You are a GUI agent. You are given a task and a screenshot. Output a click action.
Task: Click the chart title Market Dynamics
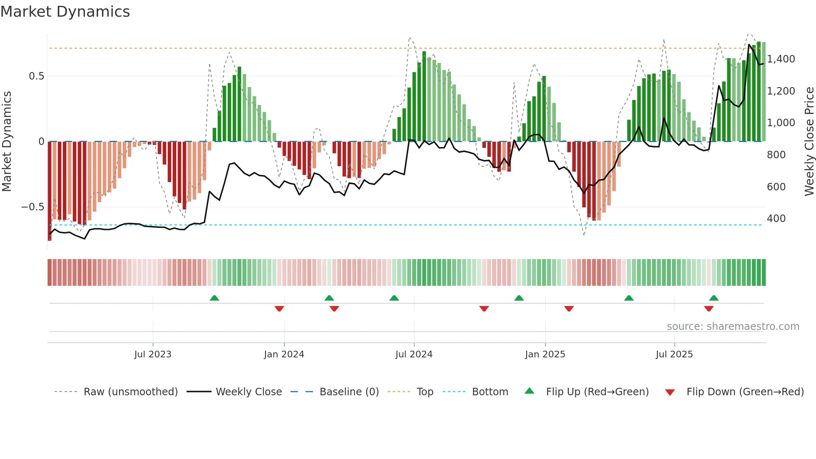pos(65,12)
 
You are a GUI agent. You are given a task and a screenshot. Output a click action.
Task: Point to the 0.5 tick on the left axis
pos(36,76)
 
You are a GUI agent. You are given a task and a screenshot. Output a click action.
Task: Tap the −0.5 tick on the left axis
pos(33,207)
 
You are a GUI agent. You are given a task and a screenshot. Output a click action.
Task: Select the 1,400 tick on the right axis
pos(781,59)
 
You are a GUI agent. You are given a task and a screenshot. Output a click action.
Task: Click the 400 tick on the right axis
pos(776,219)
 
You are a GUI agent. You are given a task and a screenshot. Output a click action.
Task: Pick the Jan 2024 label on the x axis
pos(284,354)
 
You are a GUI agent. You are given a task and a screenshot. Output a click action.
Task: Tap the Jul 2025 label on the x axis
pos(674,354)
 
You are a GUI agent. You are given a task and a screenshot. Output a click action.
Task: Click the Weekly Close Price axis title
pos(809,142)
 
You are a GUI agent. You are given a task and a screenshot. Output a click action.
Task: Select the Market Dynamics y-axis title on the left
pos(7,142)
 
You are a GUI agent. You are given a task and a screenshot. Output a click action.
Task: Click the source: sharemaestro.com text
pos(733,327)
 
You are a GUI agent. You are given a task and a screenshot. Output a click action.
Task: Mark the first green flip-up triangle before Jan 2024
pos(214,298)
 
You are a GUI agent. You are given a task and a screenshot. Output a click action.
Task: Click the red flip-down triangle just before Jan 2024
pos(279,309)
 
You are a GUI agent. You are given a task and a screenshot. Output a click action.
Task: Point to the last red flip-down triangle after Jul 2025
pos(709,309)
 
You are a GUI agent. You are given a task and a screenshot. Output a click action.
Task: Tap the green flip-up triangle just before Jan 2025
pos(519,298)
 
